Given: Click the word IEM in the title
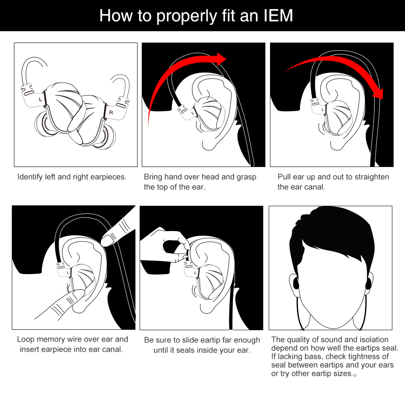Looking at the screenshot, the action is tap(278, 16).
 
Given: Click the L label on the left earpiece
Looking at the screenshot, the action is tap(40, 100).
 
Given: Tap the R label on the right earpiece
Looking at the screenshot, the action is tap(111, 113).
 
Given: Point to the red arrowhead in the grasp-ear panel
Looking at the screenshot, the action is tap(220, 59).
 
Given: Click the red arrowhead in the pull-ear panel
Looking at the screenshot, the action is tap(378, 94).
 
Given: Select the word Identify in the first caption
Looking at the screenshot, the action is tap(30, 177).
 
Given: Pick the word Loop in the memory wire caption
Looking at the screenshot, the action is tap(26, 339).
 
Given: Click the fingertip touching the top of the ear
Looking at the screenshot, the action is tap(107, 240).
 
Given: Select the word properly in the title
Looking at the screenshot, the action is tap(186, 16).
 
